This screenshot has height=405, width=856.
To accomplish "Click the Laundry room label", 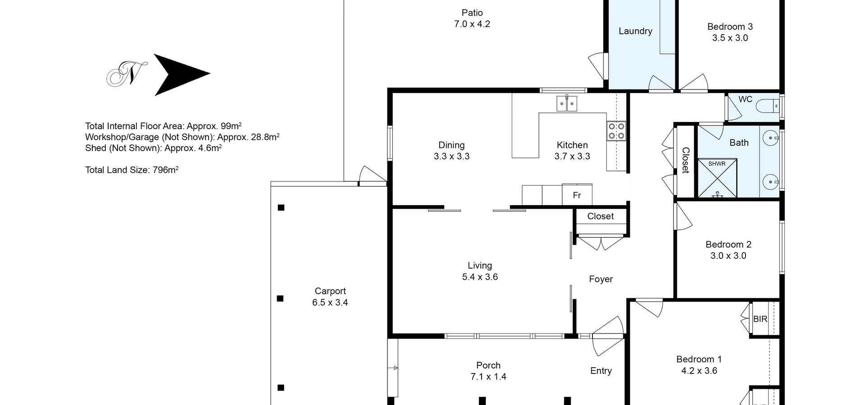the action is coord(635,31).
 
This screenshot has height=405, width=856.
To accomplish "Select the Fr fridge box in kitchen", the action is coord(577,195).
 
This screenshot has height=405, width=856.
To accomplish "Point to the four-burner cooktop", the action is coord(616,131).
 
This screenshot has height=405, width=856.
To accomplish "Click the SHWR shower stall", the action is coord(717,178).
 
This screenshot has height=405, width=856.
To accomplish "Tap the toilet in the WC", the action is coord(766,106).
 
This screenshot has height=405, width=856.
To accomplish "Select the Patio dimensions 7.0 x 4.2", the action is coord(472,24).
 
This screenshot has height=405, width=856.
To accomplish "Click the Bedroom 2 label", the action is coord(729,244).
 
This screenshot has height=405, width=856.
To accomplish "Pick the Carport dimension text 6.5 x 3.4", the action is coord(330,302).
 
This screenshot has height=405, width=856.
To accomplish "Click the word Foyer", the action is coord(601,279).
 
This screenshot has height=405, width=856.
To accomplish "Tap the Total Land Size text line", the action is coord(132,170).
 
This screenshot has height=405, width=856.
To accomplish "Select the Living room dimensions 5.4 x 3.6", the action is coord(480,277).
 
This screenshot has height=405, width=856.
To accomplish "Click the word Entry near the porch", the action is coord(601,371).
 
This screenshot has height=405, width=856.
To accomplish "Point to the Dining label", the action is coord(451,145).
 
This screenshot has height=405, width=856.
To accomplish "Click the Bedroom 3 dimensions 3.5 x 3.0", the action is coord(730,38).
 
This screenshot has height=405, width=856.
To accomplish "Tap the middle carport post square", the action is coord(280,298).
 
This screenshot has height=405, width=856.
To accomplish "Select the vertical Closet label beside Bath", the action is coord(685,160).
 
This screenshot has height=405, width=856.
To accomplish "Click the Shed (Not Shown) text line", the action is coord(154,148).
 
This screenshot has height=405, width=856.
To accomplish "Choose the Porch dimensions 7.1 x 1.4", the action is coord(488,377).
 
